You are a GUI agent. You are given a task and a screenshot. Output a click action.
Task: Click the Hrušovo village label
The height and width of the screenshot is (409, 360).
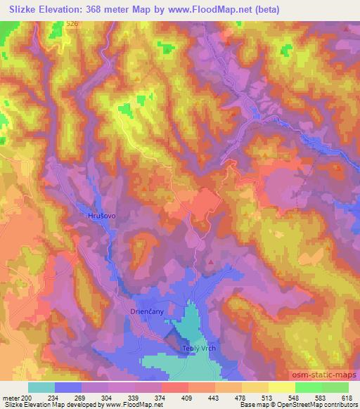click(101, 216)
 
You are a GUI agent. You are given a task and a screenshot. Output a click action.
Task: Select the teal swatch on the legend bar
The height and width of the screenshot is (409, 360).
click(41, 387)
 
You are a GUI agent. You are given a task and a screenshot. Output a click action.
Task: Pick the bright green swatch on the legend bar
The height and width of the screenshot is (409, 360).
click(308, 387)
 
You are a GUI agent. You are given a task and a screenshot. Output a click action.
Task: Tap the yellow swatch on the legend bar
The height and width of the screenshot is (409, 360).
click(281, 387)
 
